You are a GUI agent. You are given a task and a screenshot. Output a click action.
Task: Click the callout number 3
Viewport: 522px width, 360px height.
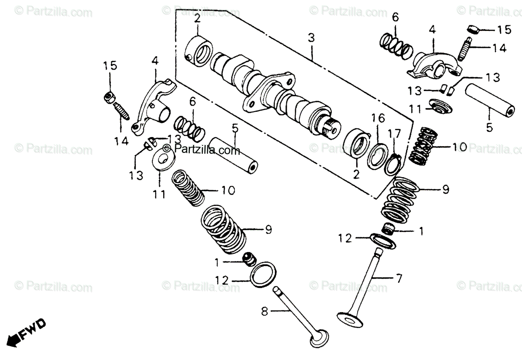click(311, 38)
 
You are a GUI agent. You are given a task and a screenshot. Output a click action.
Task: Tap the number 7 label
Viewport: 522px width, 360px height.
click(399, 277)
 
